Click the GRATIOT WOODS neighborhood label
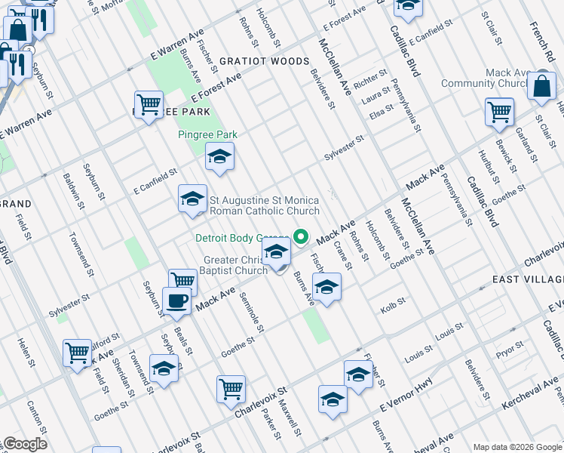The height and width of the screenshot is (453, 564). click(264, 61)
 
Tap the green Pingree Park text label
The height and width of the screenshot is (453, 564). click(207, 134)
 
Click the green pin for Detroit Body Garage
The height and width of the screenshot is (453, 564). click(302, 237)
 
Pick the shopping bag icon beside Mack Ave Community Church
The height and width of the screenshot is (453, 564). click(542, 87)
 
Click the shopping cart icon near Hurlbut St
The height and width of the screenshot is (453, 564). click(500, 112)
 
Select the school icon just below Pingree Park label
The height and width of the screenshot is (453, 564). click(219, 157)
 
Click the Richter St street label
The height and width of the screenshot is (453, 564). click(370, 77)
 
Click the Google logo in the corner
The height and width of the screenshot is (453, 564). click(25, 444)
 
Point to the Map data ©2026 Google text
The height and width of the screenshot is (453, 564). click(517, 447)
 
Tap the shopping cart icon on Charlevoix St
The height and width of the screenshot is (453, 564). click(231, 389)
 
